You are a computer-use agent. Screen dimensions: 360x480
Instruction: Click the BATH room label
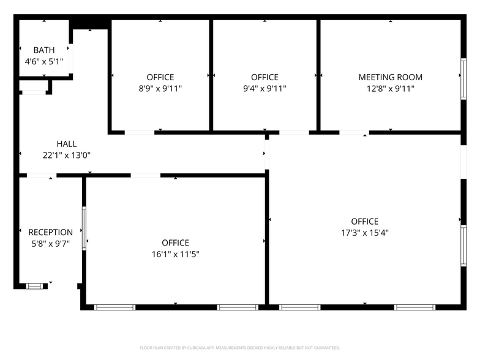44,50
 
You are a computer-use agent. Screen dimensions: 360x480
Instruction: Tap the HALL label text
67,144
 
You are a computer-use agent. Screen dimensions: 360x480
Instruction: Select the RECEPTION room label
51,232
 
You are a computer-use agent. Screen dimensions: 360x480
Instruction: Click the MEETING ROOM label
390,77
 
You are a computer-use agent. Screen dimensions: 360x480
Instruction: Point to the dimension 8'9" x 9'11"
160,88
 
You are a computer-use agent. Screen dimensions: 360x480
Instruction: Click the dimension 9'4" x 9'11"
264,88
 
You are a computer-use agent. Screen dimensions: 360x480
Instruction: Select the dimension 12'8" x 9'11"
390,88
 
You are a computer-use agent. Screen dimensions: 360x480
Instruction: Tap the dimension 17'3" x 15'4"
365,233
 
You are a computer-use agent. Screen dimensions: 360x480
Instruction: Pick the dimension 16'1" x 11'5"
175,254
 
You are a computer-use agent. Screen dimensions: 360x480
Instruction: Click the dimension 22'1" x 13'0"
67,155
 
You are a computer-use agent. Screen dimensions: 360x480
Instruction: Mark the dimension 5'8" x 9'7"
51,243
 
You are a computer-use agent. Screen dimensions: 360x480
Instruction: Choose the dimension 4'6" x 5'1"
44,61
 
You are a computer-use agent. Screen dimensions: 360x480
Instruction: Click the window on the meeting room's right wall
463,78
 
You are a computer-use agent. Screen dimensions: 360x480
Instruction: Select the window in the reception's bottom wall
35,286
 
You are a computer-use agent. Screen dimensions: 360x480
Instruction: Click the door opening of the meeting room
353,132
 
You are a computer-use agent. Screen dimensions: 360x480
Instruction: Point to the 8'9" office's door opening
140,132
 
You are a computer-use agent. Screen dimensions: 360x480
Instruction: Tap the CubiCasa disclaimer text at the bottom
239,348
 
